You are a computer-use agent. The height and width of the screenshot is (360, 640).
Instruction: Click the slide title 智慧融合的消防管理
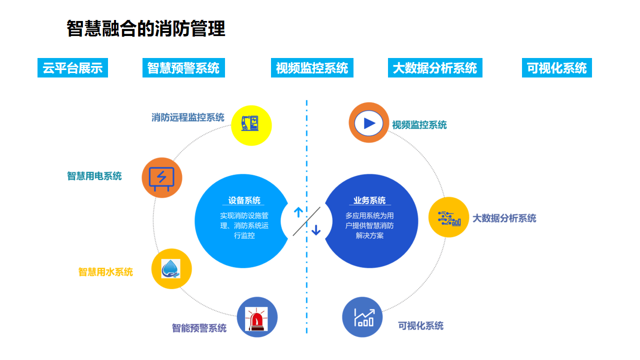click(146, 29)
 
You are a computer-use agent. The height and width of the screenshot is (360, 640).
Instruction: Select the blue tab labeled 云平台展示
click(72, 68)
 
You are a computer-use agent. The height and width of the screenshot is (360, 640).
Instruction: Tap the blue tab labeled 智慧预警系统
click(183, 68)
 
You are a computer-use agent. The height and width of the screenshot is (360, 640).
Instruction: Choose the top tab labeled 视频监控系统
click(312, 68)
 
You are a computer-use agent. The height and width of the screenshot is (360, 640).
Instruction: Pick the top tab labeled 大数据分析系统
click(435, 68)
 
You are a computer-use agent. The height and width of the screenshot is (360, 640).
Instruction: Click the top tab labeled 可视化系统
click(556, 68)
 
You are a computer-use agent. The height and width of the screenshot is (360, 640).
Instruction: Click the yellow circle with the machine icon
click(251, 125)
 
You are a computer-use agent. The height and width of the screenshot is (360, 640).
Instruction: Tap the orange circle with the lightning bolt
click(162, 177)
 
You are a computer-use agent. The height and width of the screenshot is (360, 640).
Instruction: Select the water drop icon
click(171, 269)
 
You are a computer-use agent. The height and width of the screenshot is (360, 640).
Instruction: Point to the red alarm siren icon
click(257, 317)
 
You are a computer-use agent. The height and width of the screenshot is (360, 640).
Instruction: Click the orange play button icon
click(369, 123)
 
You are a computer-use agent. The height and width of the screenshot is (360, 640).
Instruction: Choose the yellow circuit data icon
click(448, 217)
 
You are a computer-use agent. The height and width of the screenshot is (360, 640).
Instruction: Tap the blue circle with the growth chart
click(362, 317)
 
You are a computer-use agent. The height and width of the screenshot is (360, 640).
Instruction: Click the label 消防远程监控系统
click(188, 117)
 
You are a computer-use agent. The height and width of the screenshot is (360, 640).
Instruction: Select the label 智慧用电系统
click(94, 176)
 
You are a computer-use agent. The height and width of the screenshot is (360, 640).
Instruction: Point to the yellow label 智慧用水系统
click(105, 272)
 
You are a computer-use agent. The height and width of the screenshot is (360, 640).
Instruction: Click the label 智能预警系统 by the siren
click(199, 328)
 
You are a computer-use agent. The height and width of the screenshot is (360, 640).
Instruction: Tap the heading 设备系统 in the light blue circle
click(244, 200)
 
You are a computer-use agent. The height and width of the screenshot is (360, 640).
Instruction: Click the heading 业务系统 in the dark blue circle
click(369, 200)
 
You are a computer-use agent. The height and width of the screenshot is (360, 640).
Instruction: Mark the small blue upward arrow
click(298, 212)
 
